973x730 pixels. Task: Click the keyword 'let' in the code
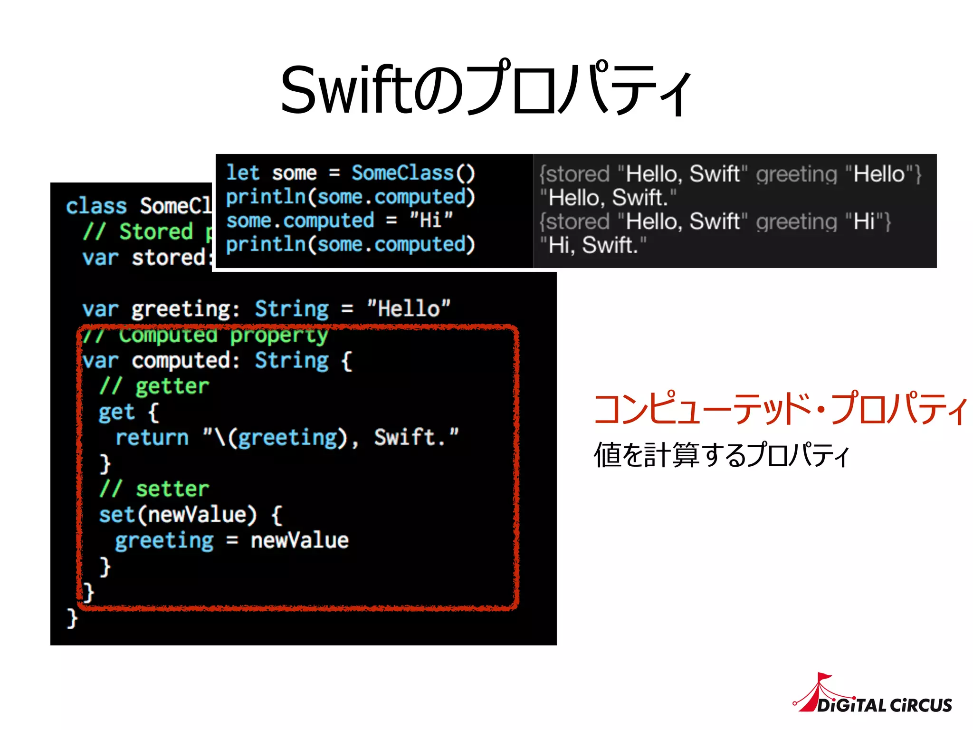point(242,173)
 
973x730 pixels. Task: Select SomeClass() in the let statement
point(413,173)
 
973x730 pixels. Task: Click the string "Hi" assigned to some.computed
point(431,221)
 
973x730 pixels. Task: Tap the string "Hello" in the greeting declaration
point(409,309)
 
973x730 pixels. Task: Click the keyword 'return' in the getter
point(152,437)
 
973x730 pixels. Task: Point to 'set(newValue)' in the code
point(178,515)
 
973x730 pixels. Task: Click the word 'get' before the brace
point(116,412)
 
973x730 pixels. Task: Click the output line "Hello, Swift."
point(608,198)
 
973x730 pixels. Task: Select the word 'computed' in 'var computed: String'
point(185,361)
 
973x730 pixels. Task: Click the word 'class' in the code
point(96,206)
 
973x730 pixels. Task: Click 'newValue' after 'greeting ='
point(300,540)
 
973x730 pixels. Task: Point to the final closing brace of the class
point(72,618)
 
